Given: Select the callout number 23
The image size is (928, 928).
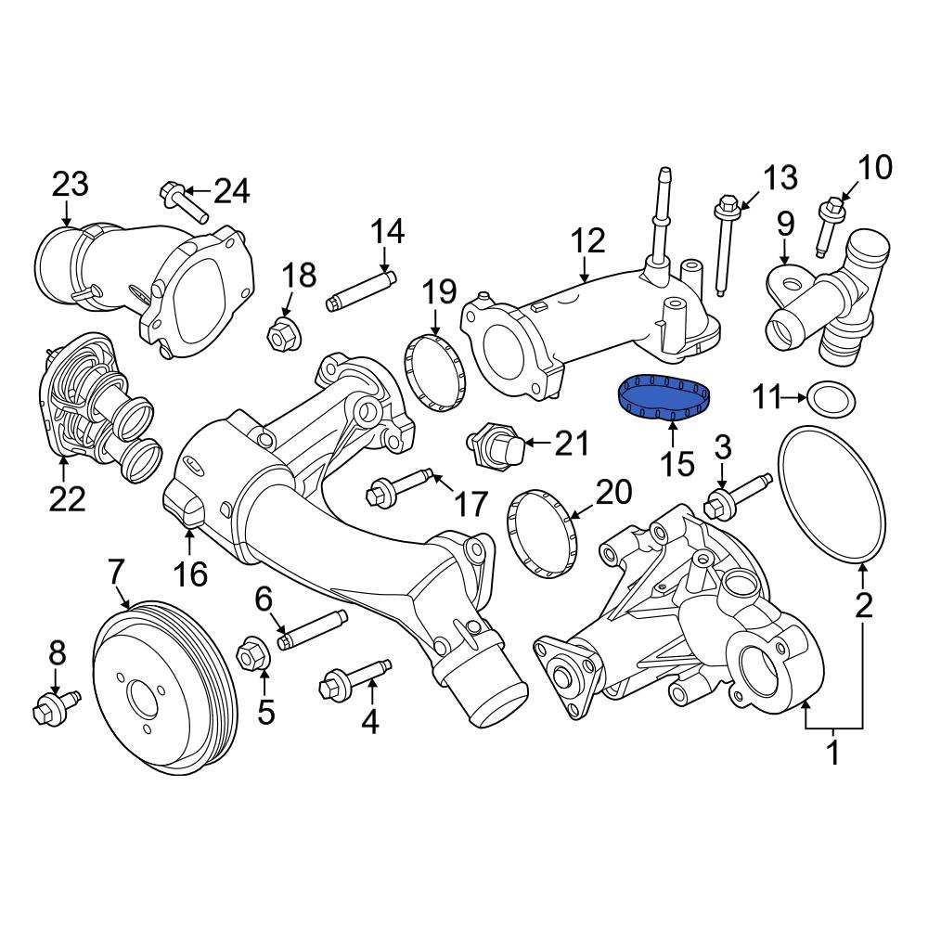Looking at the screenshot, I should click(70, 186).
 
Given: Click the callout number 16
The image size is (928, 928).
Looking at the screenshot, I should click(191, 574).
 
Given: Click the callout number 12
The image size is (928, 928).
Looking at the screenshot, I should click(588, 243).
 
